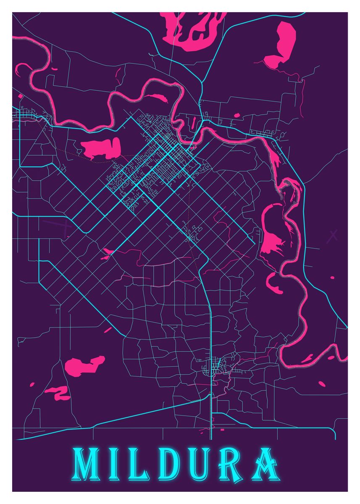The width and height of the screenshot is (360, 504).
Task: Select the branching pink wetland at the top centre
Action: click(191, 29)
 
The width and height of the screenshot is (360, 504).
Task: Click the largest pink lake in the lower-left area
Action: click(84, 365)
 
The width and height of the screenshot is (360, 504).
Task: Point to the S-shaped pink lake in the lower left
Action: click(59, 393)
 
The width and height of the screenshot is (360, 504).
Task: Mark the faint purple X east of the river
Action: click(333, 235)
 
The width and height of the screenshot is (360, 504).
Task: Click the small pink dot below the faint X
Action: click(332, 278)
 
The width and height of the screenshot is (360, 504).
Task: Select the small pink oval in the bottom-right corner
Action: click(322, 383)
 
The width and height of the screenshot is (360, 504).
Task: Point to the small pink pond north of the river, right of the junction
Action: click(236, 115)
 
